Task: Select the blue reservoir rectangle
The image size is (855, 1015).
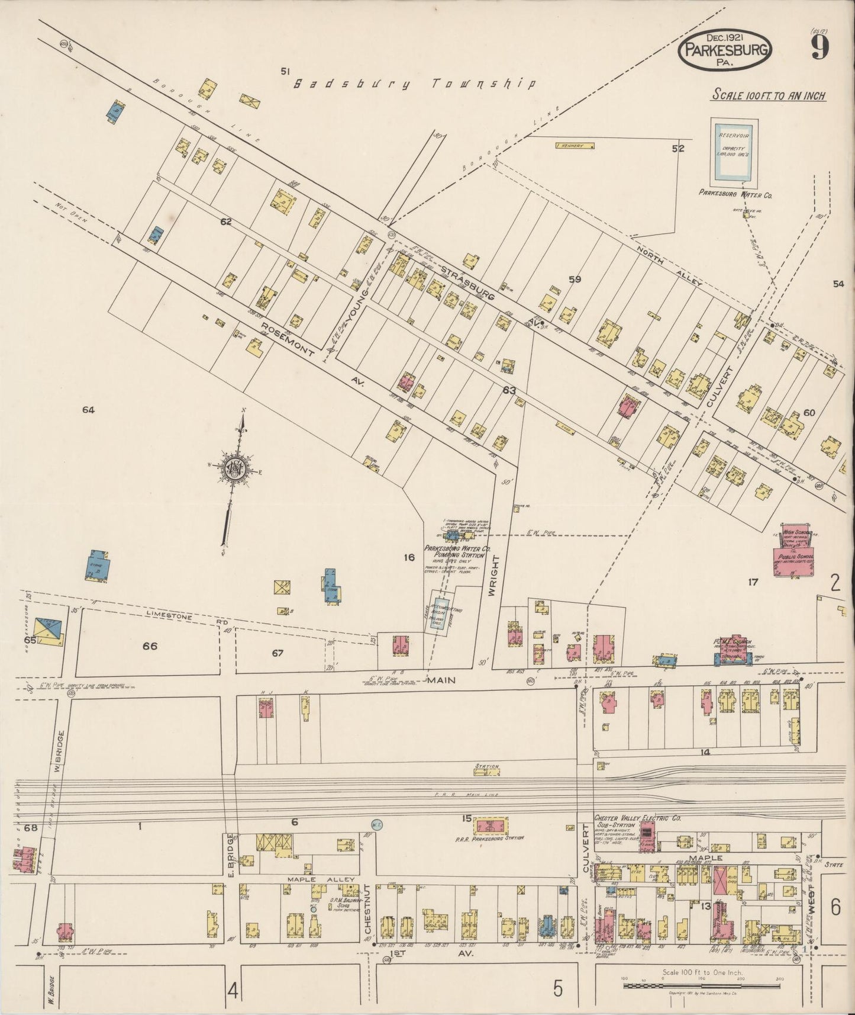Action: click(x=734, y=151)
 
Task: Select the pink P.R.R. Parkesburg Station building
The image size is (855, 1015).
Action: click(x=493, y=826)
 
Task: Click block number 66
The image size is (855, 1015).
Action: click(x=150, y=646)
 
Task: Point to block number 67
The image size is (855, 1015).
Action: click(x=278, y=653)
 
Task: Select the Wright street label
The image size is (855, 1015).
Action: click(x=495, y=574)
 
